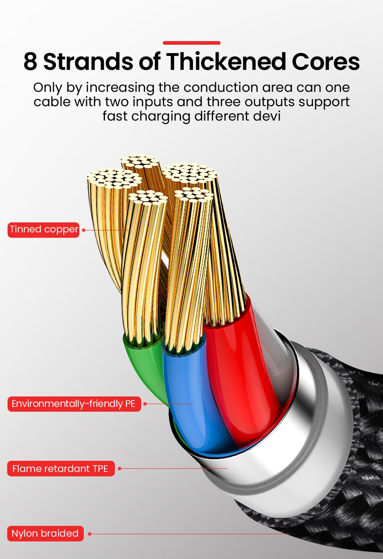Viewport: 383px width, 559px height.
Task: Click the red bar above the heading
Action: point(191,43)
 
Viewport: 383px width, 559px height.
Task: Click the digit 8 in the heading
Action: point(30,61)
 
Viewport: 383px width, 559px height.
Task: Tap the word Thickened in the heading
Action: point(226,61)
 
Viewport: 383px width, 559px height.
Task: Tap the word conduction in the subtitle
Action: point(221,87)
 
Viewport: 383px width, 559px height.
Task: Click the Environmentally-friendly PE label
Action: point(74,404)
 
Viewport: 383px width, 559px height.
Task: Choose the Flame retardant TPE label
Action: point(61,468)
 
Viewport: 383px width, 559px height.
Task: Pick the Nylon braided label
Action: point(45,533)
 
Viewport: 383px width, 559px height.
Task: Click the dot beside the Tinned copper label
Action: point(83,230)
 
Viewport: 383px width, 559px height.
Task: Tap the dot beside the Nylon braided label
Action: point(89,534)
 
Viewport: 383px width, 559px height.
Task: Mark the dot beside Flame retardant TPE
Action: point(119,468)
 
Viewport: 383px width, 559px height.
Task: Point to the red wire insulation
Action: point(239,369)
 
